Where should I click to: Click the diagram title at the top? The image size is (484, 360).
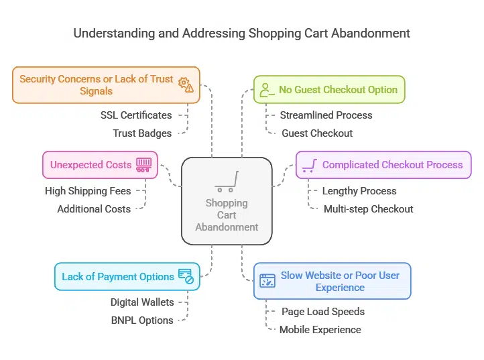tap(241, 33)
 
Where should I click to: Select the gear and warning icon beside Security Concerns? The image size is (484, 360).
tap(185, 84)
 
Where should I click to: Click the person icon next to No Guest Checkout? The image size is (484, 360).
tap(267, 90)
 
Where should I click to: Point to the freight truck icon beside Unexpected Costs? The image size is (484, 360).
tap(144, 164)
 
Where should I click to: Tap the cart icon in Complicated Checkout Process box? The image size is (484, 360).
tap(309, 165)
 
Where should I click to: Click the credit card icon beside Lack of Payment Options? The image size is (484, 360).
tap(186, 276)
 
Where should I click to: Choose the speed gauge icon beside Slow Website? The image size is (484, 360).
tap(267, 281)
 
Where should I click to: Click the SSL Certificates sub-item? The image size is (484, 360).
tap(136, 115)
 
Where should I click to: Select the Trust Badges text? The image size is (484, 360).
tap(142, 133)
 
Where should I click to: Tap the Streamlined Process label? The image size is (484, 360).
tap(326, 115)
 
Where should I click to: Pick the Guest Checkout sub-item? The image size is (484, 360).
tap(316, 133)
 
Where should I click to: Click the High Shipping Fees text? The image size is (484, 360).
tap(88, 190)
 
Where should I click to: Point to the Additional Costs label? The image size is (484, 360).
tap(94, 208)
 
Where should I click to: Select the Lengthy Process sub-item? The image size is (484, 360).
tap(359, 190)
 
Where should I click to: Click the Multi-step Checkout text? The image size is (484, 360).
tap(368, 208)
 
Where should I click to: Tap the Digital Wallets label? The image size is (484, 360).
tap(142, 302)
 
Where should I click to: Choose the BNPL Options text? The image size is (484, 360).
tap(142, 320)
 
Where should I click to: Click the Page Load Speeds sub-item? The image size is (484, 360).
tap(323, 311)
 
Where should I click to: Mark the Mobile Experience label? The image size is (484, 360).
tap(320, 329)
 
